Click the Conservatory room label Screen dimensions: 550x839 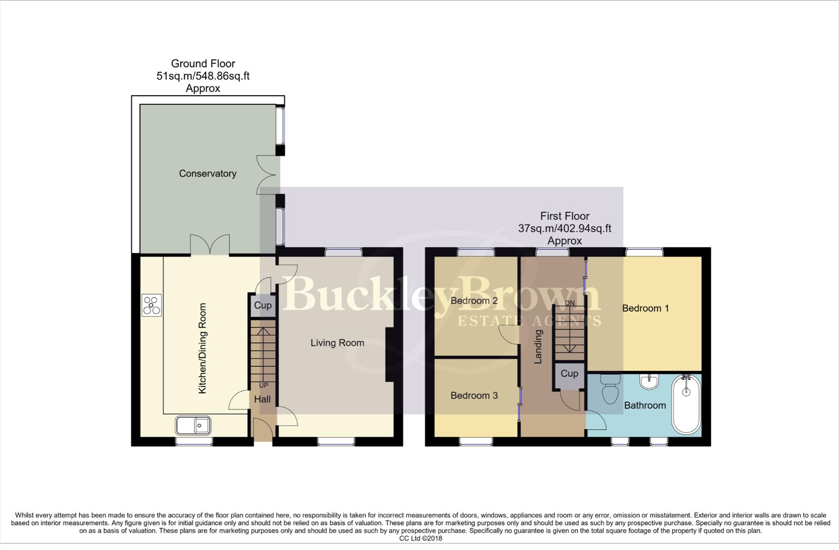pos(208,174)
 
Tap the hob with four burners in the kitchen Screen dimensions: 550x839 pos(152,306)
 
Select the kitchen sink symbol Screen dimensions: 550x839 pos(193,425)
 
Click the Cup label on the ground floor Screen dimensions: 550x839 pos(263,305)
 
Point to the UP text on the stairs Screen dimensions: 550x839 pos(263,386)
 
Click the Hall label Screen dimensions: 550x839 pos(262,399)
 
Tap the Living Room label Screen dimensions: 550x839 pos(337,343)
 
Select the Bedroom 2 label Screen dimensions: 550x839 pos(474,300)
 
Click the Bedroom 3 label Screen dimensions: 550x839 pos(474,395)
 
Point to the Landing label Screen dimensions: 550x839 pos(538,346)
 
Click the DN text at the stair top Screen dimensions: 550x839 pos(570,303)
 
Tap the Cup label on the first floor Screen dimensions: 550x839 pos(569,373)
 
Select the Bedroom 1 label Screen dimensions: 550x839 pos(645,308)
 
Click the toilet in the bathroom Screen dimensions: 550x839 pos(610,390)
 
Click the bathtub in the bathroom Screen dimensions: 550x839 pos(686,405)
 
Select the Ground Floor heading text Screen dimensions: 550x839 pos(203,64)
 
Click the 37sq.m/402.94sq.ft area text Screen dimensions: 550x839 pos(565,229)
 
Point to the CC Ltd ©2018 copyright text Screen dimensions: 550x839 pos(420,538)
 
